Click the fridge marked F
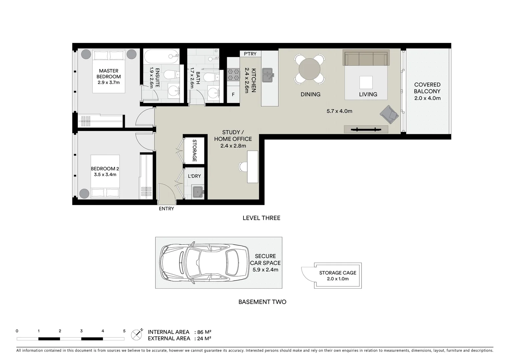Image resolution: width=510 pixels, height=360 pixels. click(233, 94)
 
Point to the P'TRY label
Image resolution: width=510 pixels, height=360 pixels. click(250, 54)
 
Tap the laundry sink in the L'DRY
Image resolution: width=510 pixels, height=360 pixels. click(198, 192)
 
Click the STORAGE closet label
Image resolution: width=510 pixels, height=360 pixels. click(194, 151)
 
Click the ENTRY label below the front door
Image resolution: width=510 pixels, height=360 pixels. click(166, 209)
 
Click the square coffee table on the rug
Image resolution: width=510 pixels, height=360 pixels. click(366, 82)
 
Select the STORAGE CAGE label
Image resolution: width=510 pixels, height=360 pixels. click(338, 273)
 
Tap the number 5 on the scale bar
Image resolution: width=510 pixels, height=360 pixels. click(124, 331)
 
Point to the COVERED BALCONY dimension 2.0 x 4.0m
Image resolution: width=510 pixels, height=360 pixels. click(427, 98)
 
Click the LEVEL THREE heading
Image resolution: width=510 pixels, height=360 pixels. click(261, 218)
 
